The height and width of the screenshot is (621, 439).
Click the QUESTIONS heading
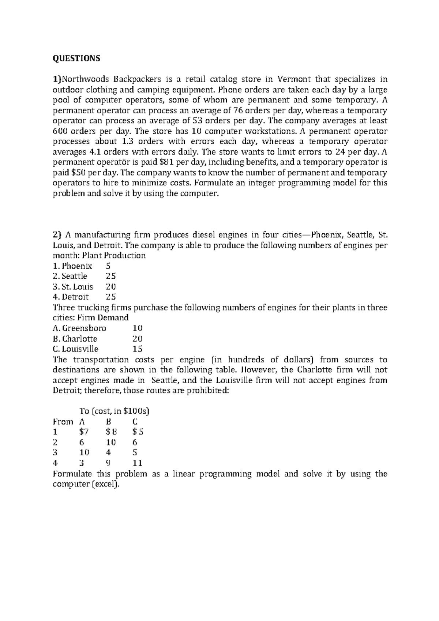pos(76,59)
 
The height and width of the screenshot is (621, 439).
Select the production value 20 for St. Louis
pos(110,287)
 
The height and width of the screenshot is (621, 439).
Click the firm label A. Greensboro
pos(79,328)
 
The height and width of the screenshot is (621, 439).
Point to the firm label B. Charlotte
pos(75,339)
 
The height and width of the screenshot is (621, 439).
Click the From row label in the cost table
pos(63,422)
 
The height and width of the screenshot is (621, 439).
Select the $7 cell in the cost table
pos(84,432)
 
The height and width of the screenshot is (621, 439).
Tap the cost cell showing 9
pos(108,463)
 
